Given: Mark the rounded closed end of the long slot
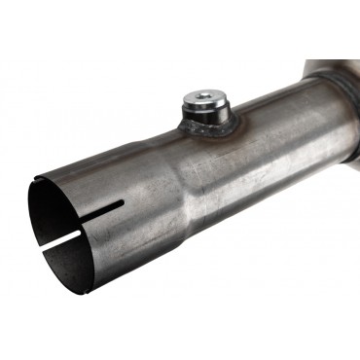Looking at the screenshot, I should point(123,202).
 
